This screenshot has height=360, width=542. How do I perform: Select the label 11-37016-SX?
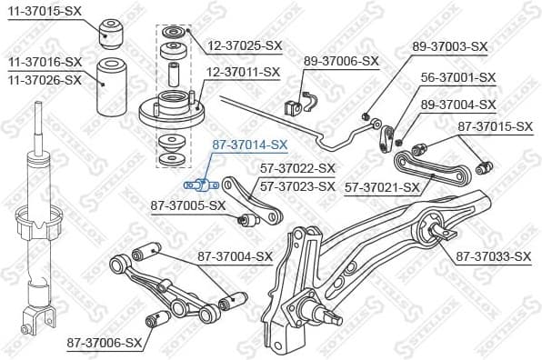tap(45, 62)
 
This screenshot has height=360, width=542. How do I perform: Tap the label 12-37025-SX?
tap(245, 44)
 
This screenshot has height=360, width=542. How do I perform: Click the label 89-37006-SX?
tap(340, 61)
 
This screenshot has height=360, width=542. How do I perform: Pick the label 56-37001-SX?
tap(457, 77)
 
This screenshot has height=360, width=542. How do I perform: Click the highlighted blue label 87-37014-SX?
tap(249, 144)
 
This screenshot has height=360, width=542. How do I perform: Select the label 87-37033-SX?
tap(493, 256)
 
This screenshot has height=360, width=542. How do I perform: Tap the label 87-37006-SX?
tap(105, 343)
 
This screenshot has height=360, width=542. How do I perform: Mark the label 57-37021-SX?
tap(382, 186)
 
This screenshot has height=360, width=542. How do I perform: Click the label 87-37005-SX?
tap(187, 205)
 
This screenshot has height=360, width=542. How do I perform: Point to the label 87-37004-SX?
tap(236, 256)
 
